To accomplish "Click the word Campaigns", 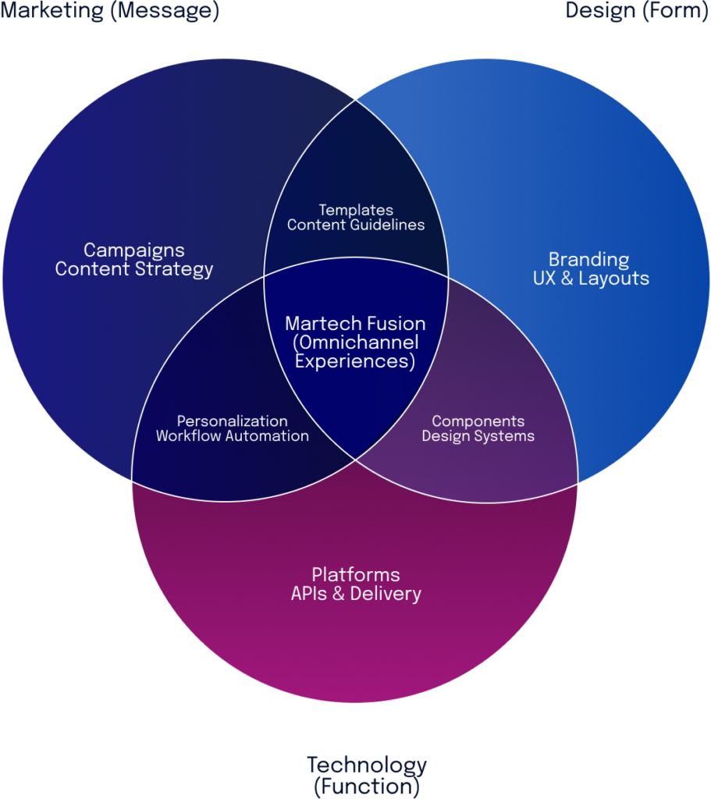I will (133, 250).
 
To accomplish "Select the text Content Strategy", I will (133, 270).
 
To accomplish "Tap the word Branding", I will (588, 259).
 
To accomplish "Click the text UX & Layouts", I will (591, 279).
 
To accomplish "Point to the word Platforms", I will (356, 575).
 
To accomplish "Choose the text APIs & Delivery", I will (356, 594).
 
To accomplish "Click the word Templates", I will (356, 210).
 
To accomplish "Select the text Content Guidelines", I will (356, 225).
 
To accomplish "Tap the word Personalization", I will (232, 421).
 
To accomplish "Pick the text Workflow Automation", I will (232, 436).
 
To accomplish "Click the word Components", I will (478, 421).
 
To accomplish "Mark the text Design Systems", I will (478, 436).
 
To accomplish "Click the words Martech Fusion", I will (355, 324).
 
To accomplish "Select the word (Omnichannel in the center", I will (355, 343).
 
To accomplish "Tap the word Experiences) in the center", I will (355, 362).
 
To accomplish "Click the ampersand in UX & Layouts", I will (567, 279).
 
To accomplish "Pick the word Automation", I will (268, 436).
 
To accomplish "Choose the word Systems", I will (507, 436).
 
